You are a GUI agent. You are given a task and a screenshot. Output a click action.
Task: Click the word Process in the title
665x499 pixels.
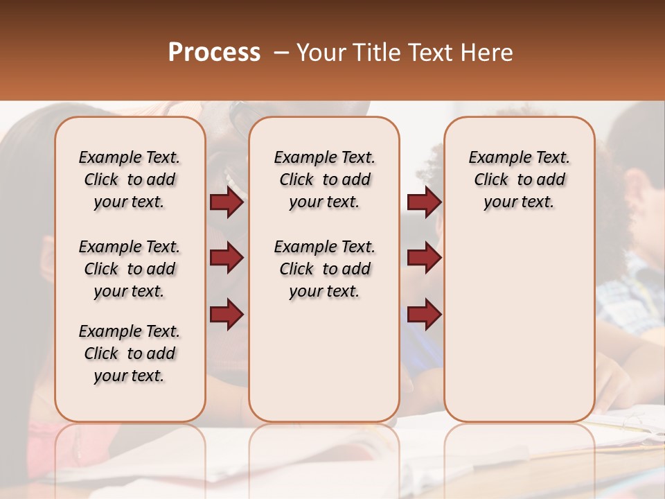coord(214,53)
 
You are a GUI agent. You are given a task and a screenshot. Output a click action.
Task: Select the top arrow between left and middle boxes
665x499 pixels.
coord(227,202)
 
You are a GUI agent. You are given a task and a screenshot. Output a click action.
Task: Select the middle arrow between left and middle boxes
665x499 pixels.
coord(227,259)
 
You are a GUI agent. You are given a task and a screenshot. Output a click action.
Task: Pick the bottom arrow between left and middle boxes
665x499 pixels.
coord(227,315)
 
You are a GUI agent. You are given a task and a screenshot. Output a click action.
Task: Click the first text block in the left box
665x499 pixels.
coord(130,180)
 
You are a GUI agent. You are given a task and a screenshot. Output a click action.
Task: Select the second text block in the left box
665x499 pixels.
coord(130,269)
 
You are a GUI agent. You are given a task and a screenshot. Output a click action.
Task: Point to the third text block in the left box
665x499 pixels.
coord(130,353)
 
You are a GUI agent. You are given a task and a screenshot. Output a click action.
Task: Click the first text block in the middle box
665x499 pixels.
coord(325,180)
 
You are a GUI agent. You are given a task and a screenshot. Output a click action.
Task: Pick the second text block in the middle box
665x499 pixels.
coord(325,269)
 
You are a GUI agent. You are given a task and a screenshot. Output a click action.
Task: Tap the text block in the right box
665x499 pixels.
coord(520,180)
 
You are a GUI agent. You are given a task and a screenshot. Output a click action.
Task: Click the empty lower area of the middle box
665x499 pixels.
coord(324,360)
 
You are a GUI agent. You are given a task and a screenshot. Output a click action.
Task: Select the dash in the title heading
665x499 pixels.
coord(281,53)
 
